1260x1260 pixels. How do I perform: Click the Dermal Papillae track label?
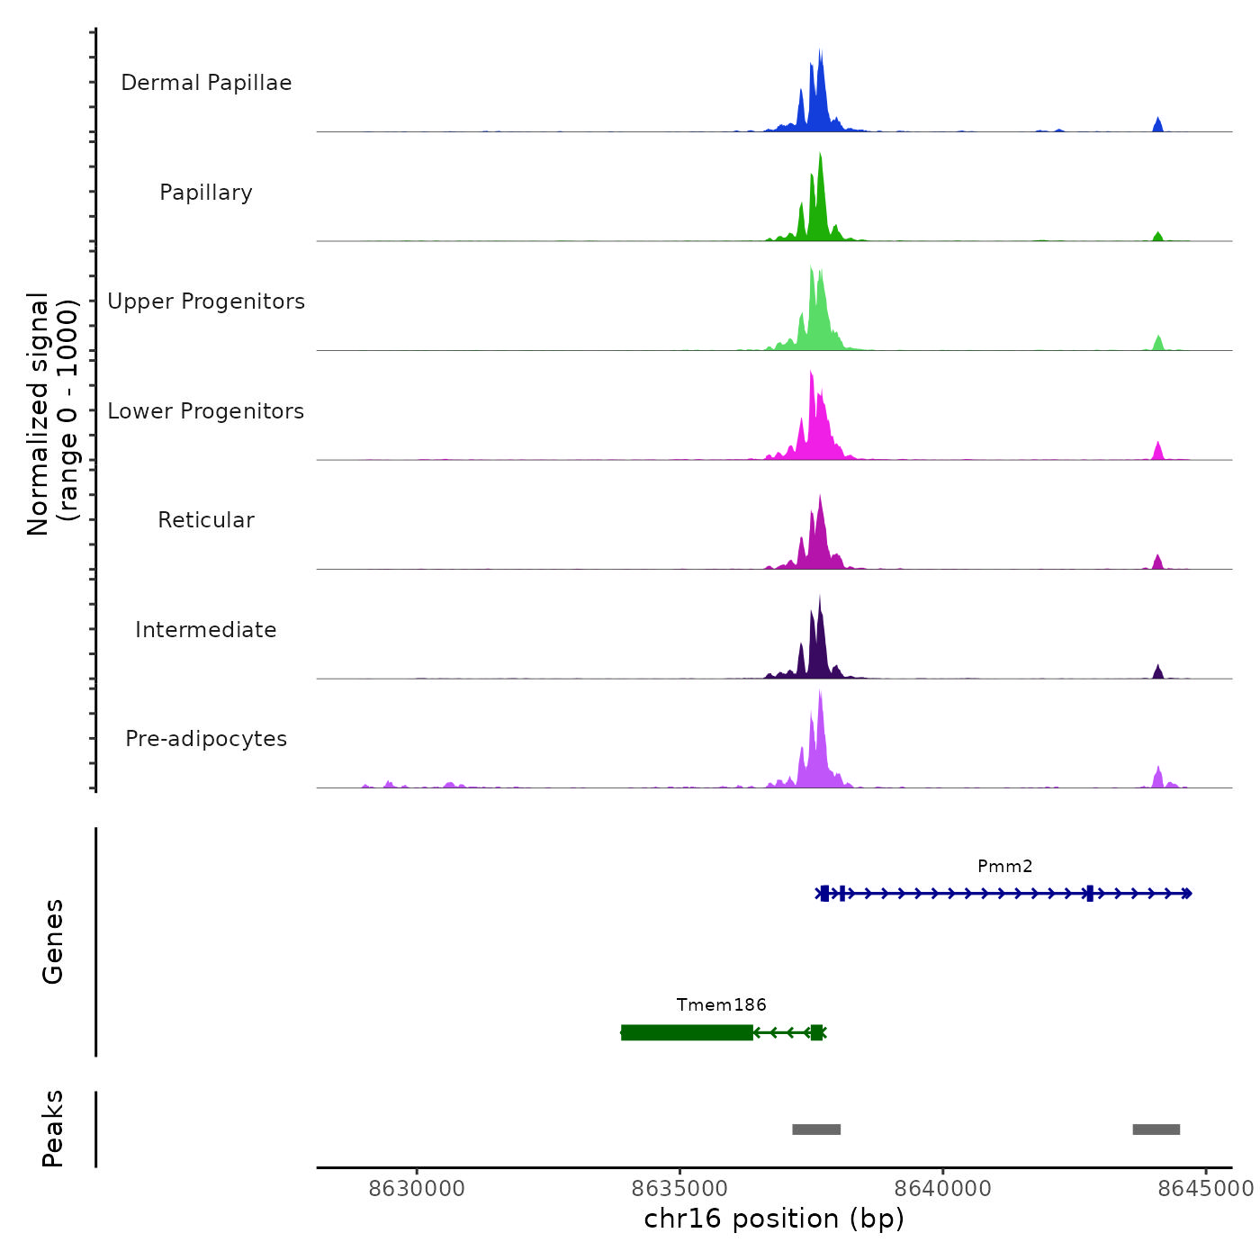tap(206, 83)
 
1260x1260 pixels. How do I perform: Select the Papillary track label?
tap(206, 193)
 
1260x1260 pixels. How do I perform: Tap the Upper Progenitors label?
tap(206, 301)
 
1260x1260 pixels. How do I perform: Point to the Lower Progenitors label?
tap(206, 411)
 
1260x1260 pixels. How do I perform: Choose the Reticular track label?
tap(206, 520)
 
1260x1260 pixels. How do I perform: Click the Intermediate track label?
tap(206, 630)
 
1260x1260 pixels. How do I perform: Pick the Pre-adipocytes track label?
tap(206, 739)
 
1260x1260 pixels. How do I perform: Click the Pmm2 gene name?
tap(1004, 867)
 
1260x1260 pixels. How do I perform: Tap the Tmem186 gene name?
tap(721, 1005)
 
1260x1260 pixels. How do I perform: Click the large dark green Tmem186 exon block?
tap(687, 1032)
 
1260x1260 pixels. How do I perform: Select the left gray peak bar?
tap(816, 1129)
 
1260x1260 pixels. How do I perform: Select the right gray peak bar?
tap(1156, 1129)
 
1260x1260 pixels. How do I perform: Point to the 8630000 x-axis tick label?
tap(417, 1189)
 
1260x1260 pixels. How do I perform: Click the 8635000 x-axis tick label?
tap(680, 1189)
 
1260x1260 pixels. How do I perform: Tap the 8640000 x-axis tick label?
tap(943, 1189)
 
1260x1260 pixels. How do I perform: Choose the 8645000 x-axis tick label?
tap(1205, 1189)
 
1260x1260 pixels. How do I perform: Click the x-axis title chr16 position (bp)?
tap(774, 1219)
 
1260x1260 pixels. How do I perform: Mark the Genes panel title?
tap(53, 941)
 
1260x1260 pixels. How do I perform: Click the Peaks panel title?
tap(53, 1129)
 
